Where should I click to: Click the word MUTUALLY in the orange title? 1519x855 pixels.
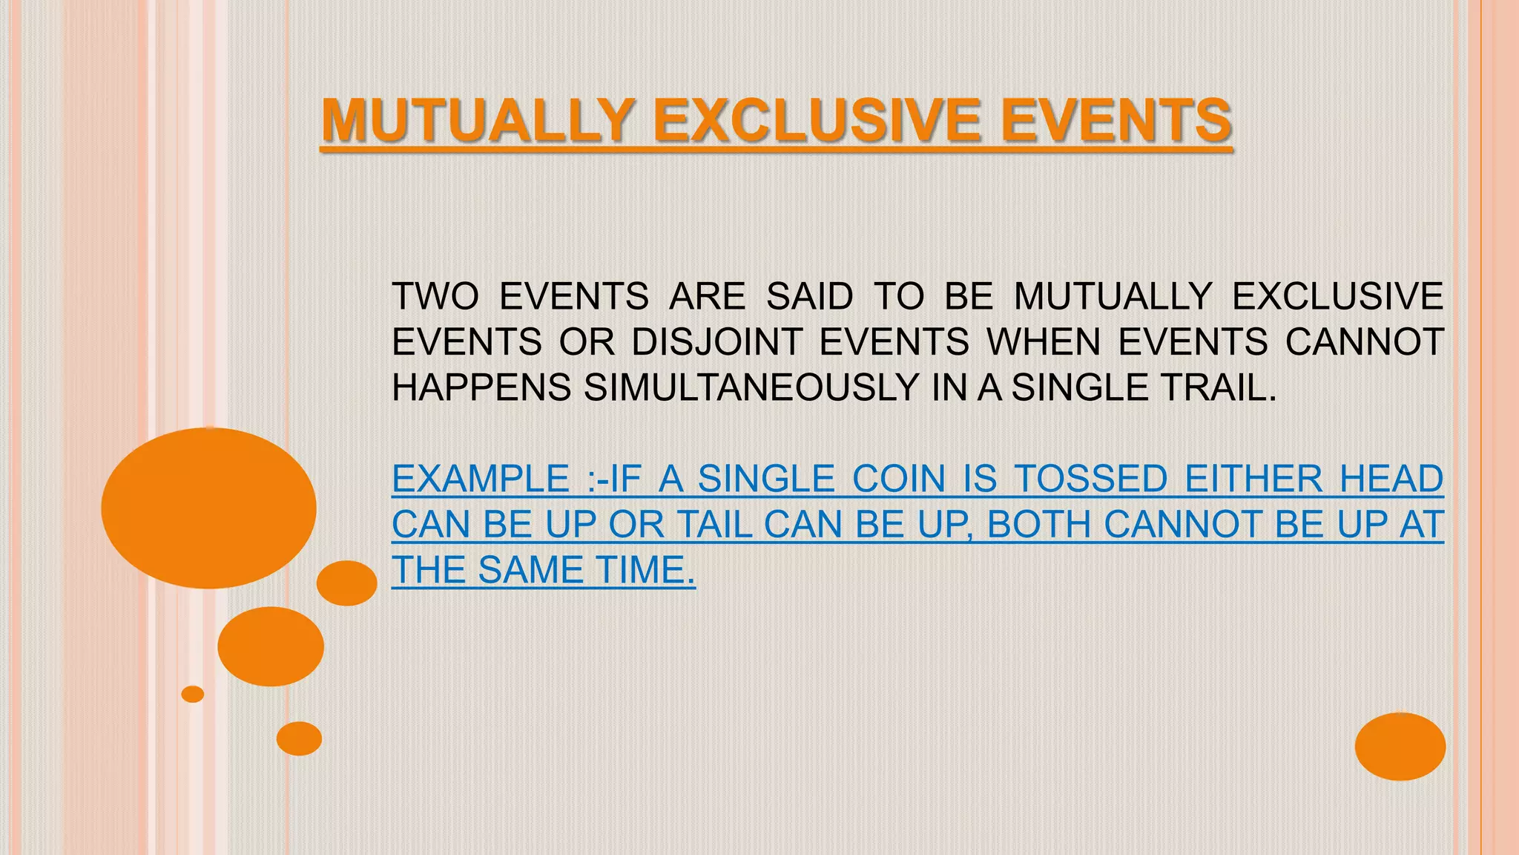[x=476, y=121]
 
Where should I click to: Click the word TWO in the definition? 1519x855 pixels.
[x=435, y=297]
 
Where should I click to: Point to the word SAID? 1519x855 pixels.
[x=809, y=297]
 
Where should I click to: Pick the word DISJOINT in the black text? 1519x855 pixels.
[x=716, y=342]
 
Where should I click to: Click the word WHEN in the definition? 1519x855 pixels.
[x=1043, y=342]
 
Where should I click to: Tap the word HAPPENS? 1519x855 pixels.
[x=481, y=387]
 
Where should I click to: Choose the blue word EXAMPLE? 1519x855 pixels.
[x=481, y=479]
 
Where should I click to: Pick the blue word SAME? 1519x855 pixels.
[x=531, y=570]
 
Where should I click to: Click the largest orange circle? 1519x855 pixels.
[x=208, y=508]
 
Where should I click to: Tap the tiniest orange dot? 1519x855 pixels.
[x=193, y=694]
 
